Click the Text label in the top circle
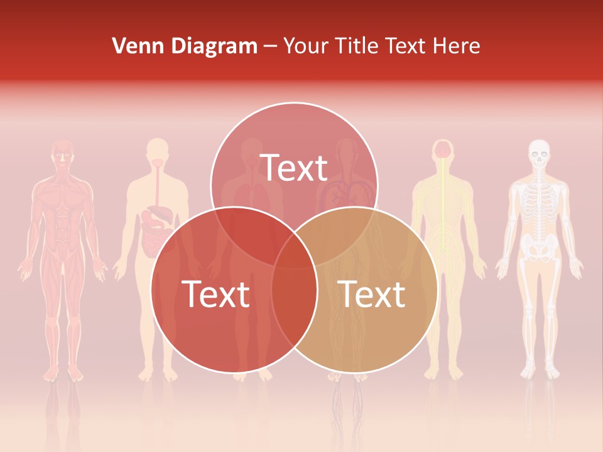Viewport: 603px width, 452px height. [294, 168]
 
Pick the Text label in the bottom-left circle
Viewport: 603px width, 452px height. [215, 294]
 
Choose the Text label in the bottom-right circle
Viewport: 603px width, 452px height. [372, 294]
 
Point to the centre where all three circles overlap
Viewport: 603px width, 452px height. [294, 248]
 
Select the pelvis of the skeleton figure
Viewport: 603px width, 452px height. [538, 246]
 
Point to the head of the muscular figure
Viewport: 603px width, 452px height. [62, 154]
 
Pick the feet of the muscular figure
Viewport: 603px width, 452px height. [62, 374]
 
